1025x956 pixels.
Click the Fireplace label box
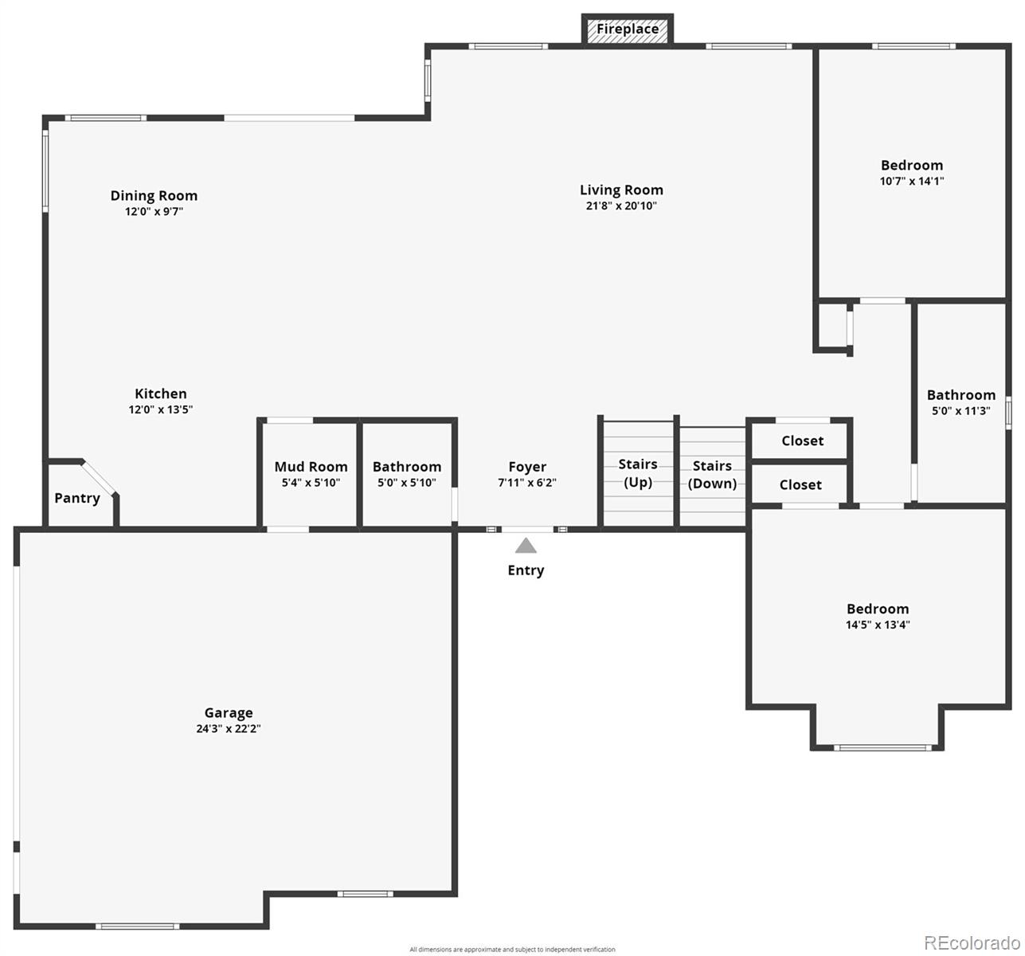[627, 29]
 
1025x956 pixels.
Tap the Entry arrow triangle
[526, 546]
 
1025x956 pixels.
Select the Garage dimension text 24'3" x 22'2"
[228, 729]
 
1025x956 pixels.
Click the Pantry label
[77, 499]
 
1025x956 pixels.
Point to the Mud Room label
[311, 467]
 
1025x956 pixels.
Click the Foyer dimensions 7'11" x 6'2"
[527, 483]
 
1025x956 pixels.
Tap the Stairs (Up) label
[638, 473]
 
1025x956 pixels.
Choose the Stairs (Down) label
[712, 475]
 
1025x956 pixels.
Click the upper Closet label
[802, 441]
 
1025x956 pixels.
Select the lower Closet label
[800, 485]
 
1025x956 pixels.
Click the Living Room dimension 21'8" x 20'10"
[621, 206]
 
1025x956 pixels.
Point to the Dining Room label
[154, 196]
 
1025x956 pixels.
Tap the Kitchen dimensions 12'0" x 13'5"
[161, 409]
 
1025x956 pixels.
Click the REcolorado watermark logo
[972, 943]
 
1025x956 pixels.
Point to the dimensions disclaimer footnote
[512, 950]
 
